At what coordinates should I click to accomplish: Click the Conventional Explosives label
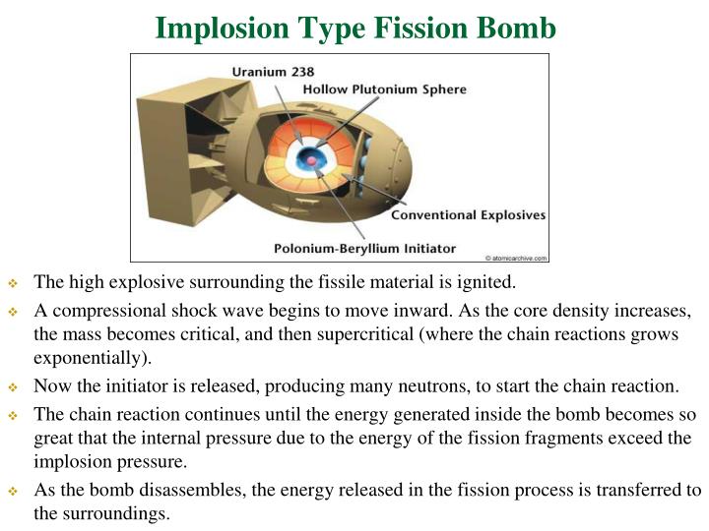point(469,214)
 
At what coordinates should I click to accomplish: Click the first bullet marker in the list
point(14,283)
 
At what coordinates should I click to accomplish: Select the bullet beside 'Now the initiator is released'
point(14,385)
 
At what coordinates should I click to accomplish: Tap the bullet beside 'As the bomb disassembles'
point(14,490)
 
